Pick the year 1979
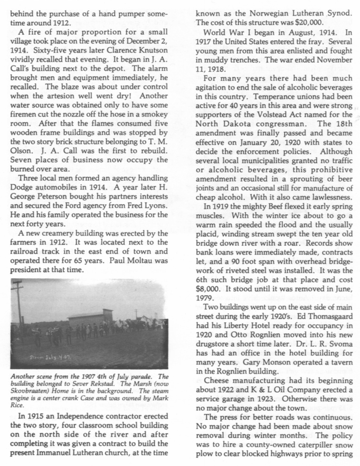coord(206,298)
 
